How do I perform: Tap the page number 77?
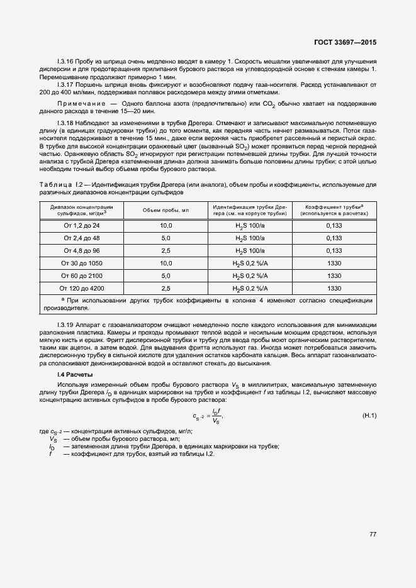point(373,534)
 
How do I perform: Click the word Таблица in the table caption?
point(56,184)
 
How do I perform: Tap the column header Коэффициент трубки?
point(334,206)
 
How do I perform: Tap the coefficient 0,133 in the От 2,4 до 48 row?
point(334,238)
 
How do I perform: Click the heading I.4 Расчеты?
point(75,374)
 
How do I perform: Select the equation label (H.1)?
point(369,416)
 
